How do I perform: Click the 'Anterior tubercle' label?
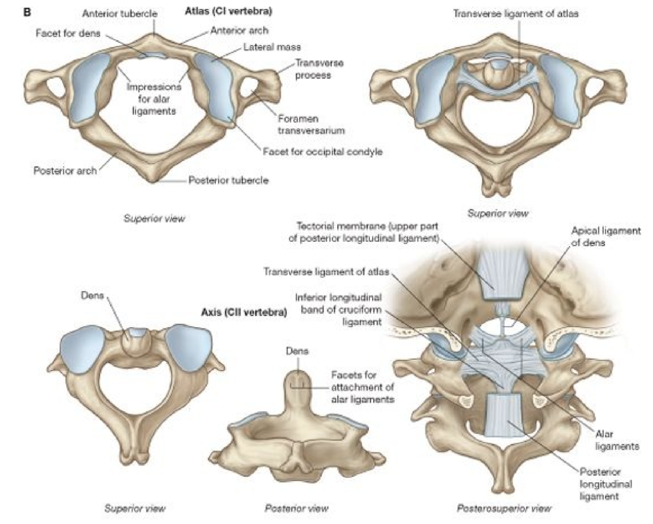click(120, 14)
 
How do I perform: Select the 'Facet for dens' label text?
click(68, 34)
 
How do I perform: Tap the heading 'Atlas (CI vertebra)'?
click(229, 10)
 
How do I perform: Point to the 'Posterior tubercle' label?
click(229, 180)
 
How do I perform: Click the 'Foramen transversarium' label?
click(311, 125)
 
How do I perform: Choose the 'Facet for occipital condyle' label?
click(323, 152)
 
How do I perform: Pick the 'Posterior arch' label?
click(65, 171)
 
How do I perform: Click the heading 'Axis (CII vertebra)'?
click(244, 312)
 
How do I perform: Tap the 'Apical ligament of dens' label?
click(606, 237)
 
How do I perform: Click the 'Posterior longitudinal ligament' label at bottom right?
click(606, 484)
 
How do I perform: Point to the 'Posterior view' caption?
click(297, 508)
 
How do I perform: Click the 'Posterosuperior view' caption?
click(504, 508)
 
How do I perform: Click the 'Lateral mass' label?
click(272, 48)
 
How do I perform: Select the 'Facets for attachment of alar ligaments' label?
click(363, 387)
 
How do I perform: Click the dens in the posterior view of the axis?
click(297, 387)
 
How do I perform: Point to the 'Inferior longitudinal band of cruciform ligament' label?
click(338, 310)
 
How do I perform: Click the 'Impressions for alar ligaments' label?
click(154, 99)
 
